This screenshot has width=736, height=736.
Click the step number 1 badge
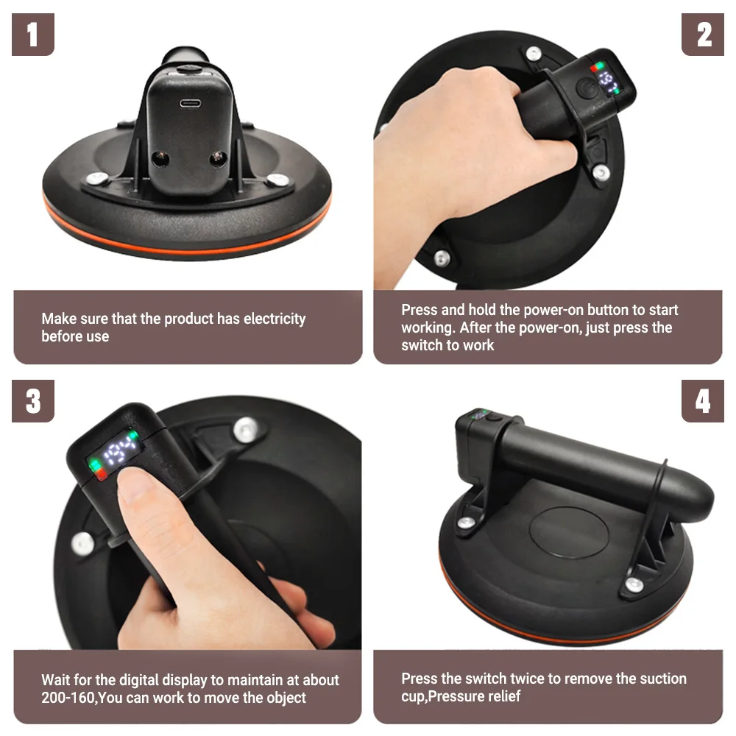pos(33,35)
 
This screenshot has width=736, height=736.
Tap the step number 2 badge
pos(702,35)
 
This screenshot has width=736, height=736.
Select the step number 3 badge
pos(33,401)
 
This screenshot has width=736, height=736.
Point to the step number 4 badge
pos(702,401)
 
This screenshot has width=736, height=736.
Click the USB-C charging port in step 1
pos(190,102)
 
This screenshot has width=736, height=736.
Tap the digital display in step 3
pos(115,453)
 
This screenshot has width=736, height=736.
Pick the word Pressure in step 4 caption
pos(453,696)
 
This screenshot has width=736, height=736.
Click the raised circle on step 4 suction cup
pos(569,532)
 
